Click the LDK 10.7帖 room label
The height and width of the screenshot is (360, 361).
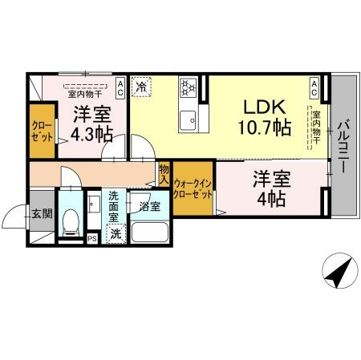click(263, 117)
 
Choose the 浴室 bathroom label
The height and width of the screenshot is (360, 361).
click(149, 206)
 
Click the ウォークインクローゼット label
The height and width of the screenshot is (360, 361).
click(193, 188)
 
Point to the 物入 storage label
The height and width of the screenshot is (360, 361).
click(164, 174)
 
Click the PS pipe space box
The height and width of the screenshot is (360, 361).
click(92, 237)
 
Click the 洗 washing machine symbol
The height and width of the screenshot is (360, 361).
click(116, 235)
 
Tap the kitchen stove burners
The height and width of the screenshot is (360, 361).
click(190, 86)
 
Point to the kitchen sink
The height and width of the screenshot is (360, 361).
click(190, 120)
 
